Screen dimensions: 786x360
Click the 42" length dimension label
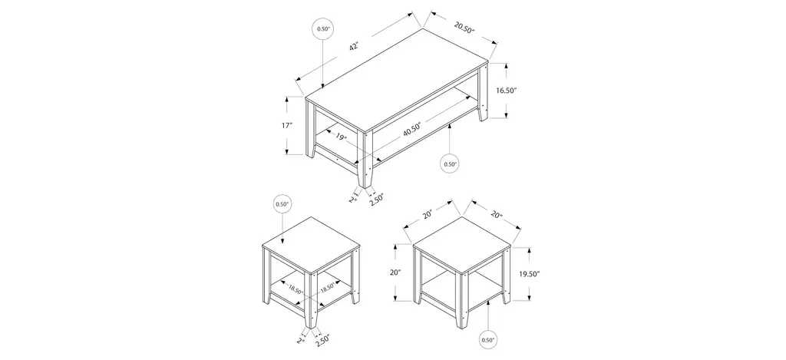pyautogui.click(x=354, y=47)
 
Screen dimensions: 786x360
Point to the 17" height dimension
pyautogui.click(x=287, y=125)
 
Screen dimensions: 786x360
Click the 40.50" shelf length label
pyautogui.click(x=411, y=128)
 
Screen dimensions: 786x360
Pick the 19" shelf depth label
pyautogui.click(x=342, y=137)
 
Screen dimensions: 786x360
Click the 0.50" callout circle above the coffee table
pyautogui.click(x=323, y=29)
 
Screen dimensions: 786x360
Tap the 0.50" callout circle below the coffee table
pyautogui.click(x=450, y=163)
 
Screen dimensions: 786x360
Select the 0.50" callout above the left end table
pyautogui.click(x=282, y=204)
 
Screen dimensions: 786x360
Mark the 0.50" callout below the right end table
pyautogui.click(x=487, y=340)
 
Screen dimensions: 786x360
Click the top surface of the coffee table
pyautogui.click(x=397, y=81)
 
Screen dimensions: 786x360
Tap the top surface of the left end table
pyautogui.click(x=311, y=245)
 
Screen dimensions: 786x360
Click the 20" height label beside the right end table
pyautogui.click(x=396, y=272)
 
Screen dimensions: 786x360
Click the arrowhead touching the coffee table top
pyautogui.click(x=323, y=86)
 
